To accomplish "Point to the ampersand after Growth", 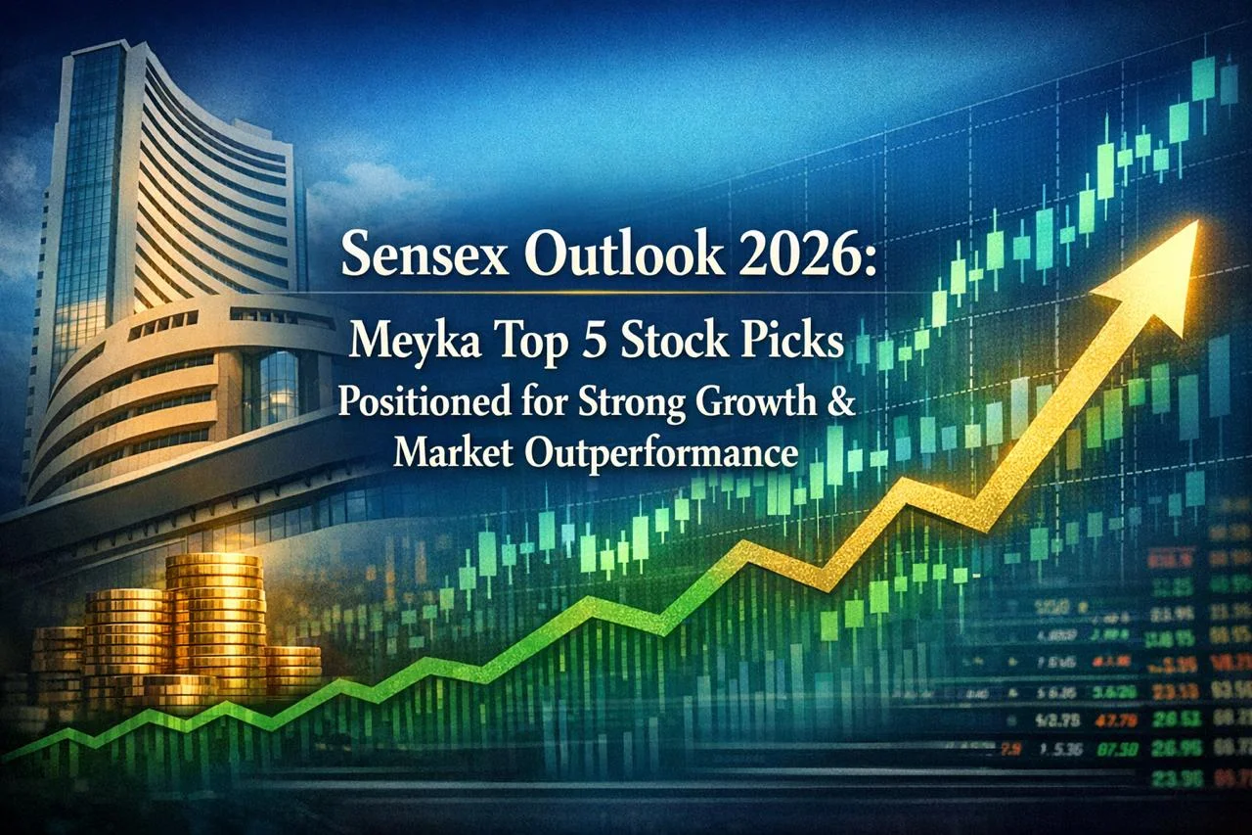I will point(841,404).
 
